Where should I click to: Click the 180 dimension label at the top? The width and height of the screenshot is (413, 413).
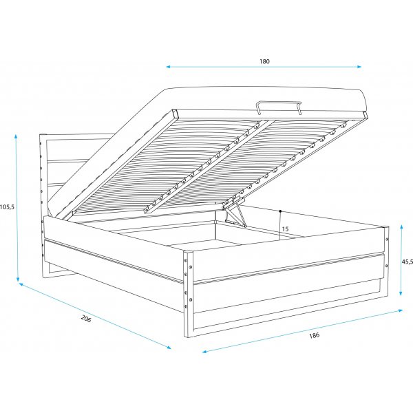(264, 61)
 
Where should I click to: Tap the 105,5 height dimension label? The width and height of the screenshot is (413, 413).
(7, 207)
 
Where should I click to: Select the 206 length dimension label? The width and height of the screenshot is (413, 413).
(86, 319)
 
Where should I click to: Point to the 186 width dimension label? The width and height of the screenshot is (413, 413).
(315, 335)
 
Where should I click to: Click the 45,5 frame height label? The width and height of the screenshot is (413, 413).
(407, 262)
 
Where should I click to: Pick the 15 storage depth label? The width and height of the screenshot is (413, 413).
(285, 229)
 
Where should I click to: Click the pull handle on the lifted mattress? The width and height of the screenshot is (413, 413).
(278, 107)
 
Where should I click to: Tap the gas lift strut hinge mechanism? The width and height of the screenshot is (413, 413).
(234, 211)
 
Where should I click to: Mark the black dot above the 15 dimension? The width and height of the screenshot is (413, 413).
(280, 211)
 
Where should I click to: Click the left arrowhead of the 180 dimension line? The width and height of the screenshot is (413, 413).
(168, 67)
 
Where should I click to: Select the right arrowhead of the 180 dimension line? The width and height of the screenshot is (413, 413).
(359, 67)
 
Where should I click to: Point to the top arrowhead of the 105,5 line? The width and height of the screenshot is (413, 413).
(16, 136)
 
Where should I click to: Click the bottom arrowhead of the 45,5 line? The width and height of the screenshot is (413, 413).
(401, 293)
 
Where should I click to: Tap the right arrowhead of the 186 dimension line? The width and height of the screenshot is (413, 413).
(401, 310)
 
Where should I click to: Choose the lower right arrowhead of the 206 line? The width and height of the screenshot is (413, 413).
(169, 348)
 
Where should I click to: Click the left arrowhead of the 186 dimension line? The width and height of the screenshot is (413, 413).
(204, 352)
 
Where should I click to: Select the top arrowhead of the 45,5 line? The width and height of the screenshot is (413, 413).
(401, 228)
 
